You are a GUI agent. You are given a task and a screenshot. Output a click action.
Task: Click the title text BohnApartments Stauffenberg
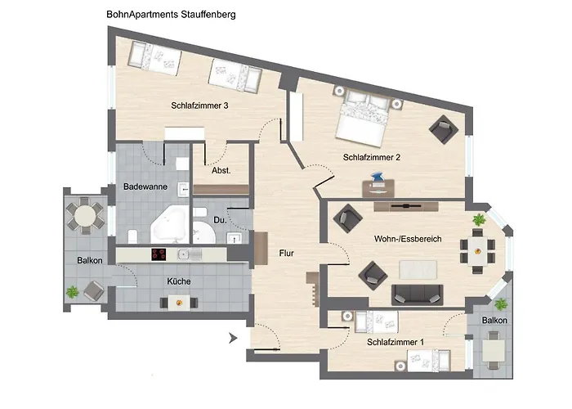pyautogui.click(x=171, y=15)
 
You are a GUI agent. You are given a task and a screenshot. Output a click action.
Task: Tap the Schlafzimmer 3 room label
pyautogui.click(x=199, y=106)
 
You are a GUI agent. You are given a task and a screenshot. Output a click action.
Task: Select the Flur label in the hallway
pyautogui.click(x=286, y=253)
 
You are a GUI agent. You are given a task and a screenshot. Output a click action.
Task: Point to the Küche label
pyautogui.click(x=179, y=281)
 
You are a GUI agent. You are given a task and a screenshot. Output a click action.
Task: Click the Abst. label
pyautogui.click(x=221, y=171)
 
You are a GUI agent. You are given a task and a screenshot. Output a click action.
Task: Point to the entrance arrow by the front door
pyautogui.click(x=234, y=336)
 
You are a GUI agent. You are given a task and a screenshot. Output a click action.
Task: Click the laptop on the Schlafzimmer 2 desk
pyautogui.click(x=377, y=178)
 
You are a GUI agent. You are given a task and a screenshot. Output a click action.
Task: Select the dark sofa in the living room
pyautogui.click(x=418, y=294)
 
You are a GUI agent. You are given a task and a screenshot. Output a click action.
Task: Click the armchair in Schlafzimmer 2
pyautogui.click(x=444, y=129)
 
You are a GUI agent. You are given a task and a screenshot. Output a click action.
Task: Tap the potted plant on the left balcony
pyautogui.click(x=73, y=290)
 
